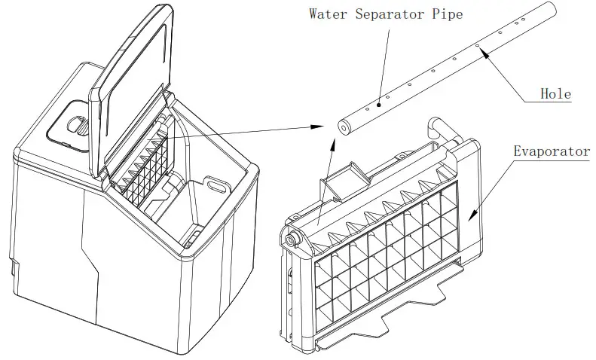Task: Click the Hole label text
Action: (x=556, y=94)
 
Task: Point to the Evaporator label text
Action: (x=552, y=151)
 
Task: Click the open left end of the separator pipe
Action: (x=344, y=127)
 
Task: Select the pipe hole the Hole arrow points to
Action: (x=477, y=46)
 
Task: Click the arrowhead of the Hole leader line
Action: (x=483, y=51)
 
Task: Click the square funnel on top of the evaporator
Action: (x=344, y=177)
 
